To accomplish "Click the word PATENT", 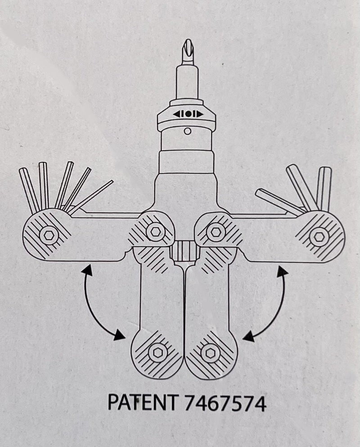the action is tap(143, 402).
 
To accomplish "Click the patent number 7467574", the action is tap(225, 402).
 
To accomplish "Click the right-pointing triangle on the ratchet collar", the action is tap(200, 114).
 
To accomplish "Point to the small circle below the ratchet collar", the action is tap(187, 131).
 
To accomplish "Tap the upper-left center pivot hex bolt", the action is tap(155, 231).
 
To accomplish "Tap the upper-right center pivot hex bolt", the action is tap(215, 231).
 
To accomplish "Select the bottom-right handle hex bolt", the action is tap(210, 353).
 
